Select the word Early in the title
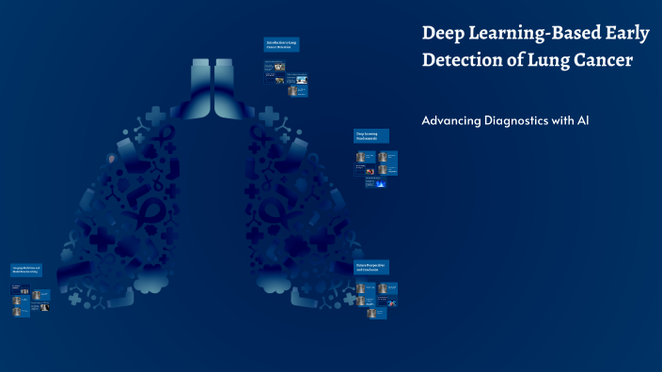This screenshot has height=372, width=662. coord(626,34)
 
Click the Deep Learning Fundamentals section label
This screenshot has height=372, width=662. coord(370,136)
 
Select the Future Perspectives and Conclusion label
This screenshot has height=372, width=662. coord(370,268)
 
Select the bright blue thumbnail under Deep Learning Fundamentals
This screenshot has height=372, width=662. coord(381,183)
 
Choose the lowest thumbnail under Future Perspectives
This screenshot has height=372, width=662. coord(371,313)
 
